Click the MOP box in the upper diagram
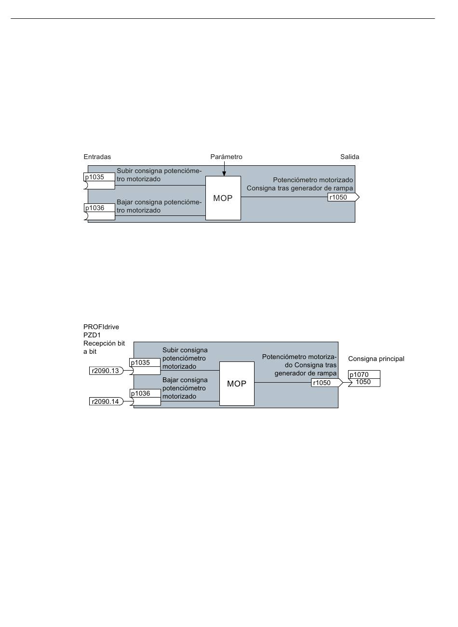pyautogui.click(x=223, y=198)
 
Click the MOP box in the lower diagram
pyautogui.click(x=237, y=384)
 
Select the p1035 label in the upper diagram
pyautogui.click(x=94, y=177)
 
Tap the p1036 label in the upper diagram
pyautogui.click(x=94, y=208)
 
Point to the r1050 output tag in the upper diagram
pyautogui.click(x=343, y=197)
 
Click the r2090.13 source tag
pyautogui.click(x=106, y=371)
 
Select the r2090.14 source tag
pyautogui.click(x=106, y=401)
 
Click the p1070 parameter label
pyautogui.click(x=359, y=374)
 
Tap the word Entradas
pyautogui.click(x=97, y=157)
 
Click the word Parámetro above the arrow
pyautogui.click(x=226, y=157)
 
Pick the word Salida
pyautogui.click(x=350, y=157)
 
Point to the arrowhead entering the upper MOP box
pyautogui.click(x=224, y=174)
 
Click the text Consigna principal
pyautogui.click(x=376, y=359)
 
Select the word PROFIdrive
pyautogui.click(x=101, y=327)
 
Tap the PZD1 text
pyautogui.click(x=92, y=335)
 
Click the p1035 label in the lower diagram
pyautogui.click(x=140, y=362)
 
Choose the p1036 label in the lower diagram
pyautogui.click(x=140, y=393)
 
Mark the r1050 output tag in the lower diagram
pyautogui.click(x=327, y=383)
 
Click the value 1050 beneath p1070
pyautogui.click(x=363, y=382)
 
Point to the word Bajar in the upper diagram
pyautogui.click(x=124, y=202)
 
